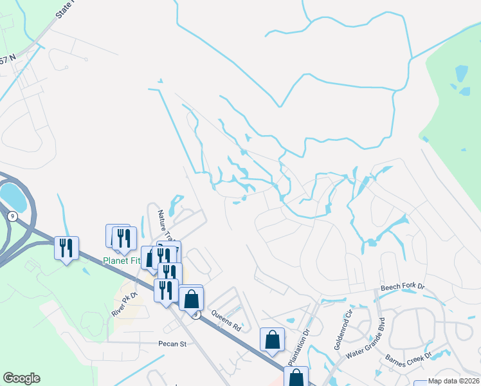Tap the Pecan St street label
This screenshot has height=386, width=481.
pyautogui.click(x=172, y=344)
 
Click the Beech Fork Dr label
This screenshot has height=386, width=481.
pyautogui.click(x=403, y=288)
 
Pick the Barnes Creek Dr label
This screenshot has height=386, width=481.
pyautogui.click(x=408, y=362)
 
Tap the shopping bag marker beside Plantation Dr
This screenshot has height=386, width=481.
pyautogui.click(x=272, y=339)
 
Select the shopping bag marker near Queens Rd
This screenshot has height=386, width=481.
pyautogui.click(x=191, y=299)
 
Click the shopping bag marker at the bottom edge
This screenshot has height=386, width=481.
pyautogui.click(x=296, y=377)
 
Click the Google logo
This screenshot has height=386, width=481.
pyautogui.click(x=21, y=378)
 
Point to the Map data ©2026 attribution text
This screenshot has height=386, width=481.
pyautogui.click(x=453, y=381)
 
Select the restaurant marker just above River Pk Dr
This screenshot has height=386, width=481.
pyautogui.click(x=166, y=290)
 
